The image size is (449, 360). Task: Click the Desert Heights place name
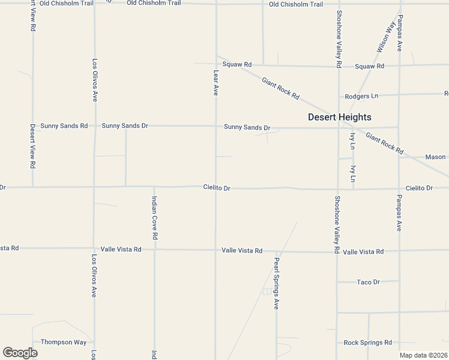(339, 117)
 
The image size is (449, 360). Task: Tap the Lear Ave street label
(216, 82)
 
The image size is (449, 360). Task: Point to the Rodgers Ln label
(361, 96)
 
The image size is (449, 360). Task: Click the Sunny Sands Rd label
(64, 126)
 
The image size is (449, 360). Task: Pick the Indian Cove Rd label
(154, 218)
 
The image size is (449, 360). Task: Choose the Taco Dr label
(368, 282)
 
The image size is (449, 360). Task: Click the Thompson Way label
(64, 342)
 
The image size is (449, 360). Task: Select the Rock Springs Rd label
(367, 343)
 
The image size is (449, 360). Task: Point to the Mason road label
(435, 157)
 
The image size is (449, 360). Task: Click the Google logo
(20, 353)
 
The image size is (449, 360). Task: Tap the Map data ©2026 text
(423, 355)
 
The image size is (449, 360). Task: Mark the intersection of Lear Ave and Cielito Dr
(216, 187)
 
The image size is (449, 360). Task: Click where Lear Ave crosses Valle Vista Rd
(216, 250)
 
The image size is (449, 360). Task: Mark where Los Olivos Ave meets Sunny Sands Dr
(94, 126)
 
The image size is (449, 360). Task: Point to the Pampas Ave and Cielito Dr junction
(399, 188)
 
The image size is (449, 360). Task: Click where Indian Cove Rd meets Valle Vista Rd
(154, 250)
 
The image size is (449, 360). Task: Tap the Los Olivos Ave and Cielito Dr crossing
(94, 187)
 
